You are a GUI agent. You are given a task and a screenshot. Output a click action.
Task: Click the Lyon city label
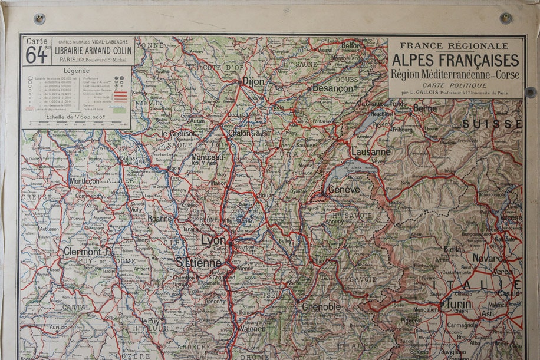213,240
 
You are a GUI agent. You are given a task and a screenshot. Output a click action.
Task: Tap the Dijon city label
253,81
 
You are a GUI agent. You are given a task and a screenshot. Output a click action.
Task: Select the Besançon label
332,88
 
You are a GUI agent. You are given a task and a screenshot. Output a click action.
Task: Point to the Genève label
343,190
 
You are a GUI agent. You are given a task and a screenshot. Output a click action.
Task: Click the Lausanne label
371,151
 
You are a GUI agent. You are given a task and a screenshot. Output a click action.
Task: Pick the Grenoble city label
321,306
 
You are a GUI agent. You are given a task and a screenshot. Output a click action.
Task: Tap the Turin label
459,304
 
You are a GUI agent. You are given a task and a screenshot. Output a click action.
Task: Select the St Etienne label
198,263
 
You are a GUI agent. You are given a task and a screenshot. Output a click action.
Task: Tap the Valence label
253,328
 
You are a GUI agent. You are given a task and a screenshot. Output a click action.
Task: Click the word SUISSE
492,124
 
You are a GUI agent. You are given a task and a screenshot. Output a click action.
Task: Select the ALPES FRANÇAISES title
456,60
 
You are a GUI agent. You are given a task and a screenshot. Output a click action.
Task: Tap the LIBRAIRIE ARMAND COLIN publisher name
93,51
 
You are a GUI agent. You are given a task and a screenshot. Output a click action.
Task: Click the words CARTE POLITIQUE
456,84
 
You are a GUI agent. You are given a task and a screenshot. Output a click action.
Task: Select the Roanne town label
159,217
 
